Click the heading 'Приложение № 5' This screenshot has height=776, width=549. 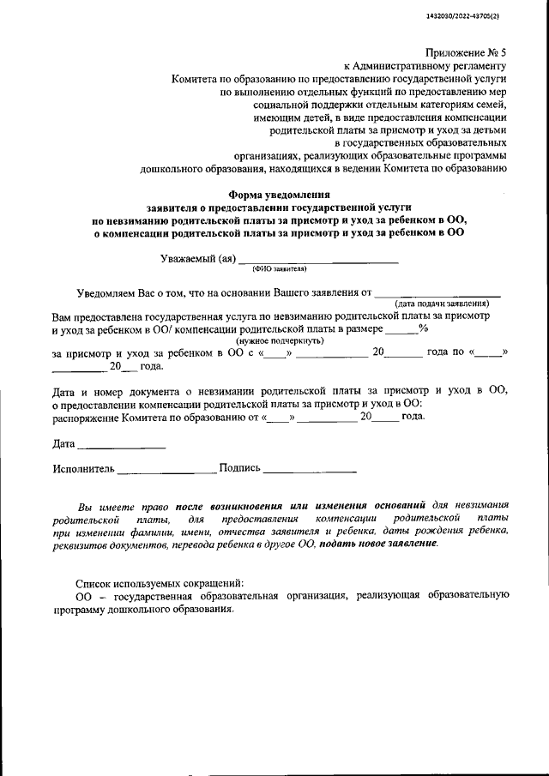[465, 51]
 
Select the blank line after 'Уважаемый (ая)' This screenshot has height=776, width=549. [317, 259]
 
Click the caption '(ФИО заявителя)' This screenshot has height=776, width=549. [279, 268]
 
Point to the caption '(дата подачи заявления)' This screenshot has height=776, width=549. [442, 304]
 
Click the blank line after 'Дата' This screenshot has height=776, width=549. [121, 446]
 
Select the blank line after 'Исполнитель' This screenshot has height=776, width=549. [166, 470]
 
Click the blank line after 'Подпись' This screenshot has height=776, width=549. [310, 470]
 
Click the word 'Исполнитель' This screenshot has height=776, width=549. [82, 468]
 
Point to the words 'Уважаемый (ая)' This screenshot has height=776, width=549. [197, 258]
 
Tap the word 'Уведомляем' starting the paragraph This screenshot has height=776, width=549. [107, 292]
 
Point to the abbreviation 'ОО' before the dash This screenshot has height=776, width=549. [83, 594]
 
